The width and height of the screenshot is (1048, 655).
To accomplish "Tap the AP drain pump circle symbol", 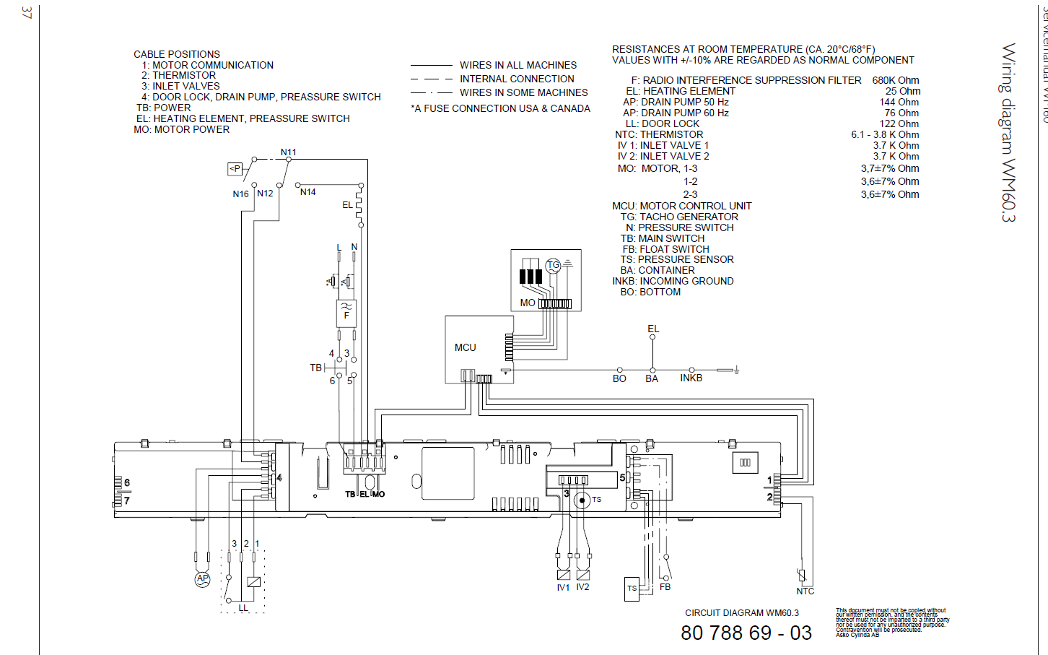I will coord(203,578).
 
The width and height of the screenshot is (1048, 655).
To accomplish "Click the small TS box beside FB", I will coord(632,589).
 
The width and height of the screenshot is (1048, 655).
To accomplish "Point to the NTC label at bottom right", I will coord(805,591).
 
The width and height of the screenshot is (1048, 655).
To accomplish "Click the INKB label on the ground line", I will coord(691,378).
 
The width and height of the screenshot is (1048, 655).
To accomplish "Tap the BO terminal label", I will coord(619,378).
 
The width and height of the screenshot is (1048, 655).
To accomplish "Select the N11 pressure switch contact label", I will coord(288,152).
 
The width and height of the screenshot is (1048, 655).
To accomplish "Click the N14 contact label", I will coord(307,192).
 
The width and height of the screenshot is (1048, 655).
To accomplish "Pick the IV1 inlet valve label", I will coord(563,588).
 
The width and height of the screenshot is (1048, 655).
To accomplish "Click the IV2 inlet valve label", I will coord(582,587).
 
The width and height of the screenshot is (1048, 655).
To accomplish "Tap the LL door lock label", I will coord(243,608).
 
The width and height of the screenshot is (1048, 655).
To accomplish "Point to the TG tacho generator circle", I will coord(554,266).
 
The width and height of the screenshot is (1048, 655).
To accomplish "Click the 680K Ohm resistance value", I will coord(895,80).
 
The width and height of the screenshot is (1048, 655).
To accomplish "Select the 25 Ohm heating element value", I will coord(902,91).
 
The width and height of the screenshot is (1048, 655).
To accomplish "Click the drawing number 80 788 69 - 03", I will coord(746,633).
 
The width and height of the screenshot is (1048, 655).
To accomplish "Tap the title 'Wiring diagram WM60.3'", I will coord(1008,133).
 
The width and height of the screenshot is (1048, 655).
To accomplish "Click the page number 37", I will coord(27,12).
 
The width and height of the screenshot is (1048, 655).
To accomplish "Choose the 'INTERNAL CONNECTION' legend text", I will coord(517,79).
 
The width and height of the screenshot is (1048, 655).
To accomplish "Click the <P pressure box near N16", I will coord(235,169).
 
